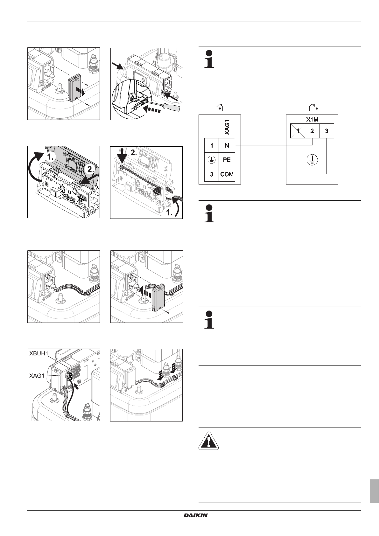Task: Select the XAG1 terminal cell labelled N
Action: (227, 146)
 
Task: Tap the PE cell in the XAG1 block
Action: (227, 160)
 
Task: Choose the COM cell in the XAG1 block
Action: (227, 174)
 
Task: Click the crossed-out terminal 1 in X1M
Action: (298, 131)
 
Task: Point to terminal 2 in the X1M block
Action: (312, 131)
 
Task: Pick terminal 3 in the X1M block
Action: (326, 131)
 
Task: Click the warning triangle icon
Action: (208, 441)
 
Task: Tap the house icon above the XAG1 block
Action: (220, 108)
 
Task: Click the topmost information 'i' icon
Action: (209, 59)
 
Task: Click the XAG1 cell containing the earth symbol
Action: (212, 160)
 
